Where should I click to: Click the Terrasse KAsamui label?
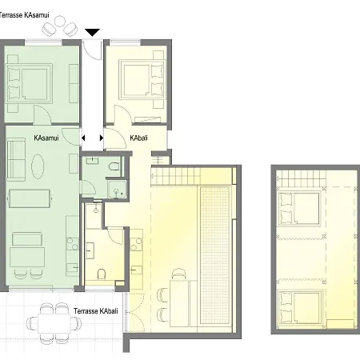(x=24, y=15)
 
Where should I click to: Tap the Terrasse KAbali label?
(x=96, y=311)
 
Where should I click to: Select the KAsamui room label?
(x=46, y=138)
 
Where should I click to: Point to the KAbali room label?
(x=138, y=138)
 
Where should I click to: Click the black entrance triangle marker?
(x=92, y=32)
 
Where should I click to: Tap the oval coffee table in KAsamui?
(x=38, y=166)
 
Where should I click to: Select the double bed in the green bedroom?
(x=29, y=82)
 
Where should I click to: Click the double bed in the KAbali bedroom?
(x=142, y=79)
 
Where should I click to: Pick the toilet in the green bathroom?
(x=114, y=166)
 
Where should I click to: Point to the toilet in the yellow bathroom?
(x=101, y=274)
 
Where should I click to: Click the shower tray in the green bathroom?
(x=117, y=189)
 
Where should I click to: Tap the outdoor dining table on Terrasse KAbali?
(x=54, y=323)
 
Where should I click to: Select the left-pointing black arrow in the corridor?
(x=83, y=138)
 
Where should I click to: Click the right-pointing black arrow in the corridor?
(x=102, y=138)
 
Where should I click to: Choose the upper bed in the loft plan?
(x=298, y=208)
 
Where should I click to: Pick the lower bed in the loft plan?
(x=300, y=306)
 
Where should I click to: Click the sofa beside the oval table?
(x=16, y=159)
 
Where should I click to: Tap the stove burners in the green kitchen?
(x=72, y=244)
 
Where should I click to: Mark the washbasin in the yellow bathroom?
(x=90, y=250)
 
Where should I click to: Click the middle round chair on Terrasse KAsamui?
(x=60, y=21)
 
